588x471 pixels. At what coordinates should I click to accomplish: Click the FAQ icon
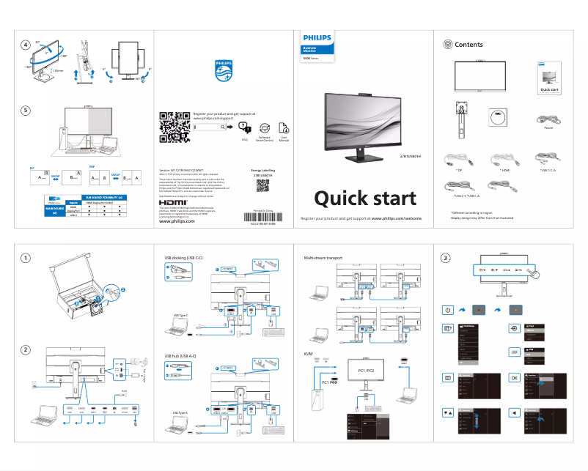(244, 128)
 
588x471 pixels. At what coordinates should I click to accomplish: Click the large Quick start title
(365, 198)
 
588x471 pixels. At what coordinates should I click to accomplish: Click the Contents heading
(468, 45)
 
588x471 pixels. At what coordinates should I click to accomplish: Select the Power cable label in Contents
(548, 127)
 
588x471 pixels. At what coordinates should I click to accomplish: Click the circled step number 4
(26, 45)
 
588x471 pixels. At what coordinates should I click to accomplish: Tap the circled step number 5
(26, 111)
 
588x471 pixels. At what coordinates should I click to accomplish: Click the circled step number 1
(26, 258)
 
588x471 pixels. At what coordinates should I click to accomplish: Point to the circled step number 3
(446, 258)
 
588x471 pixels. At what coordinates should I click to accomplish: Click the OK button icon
(514, 377)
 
